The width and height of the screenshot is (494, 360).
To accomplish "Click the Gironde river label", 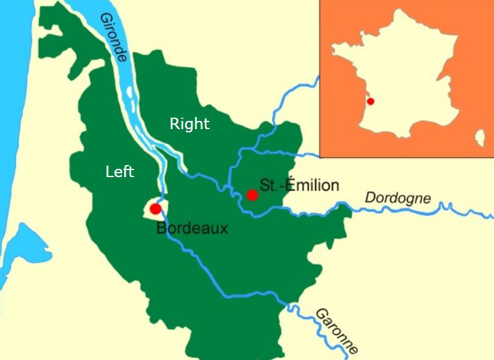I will point(114,37).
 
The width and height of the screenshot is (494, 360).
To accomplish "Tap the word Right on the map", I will point(189,124).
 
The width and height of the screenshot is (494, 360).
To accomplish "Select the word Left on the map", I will point(120,171).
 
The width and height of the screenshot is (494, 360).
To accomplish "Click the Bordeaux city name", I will point(192,228).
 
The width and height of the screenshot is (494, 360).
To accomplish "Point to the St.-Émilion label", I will point(299,185).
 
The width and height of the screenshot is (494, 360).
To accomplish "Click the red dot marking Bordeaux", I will point(155,209).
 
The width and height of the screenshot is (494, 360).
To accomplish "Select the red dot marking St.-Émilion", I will point(252,195).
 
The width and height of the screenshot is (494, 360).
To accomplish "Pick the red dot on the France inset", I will point(371,101).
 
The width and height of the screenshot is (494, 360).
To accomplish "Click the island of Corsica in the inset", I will point(480,136).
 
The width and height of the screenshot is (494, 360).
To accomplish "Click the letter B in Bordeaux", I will point(162,228).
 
